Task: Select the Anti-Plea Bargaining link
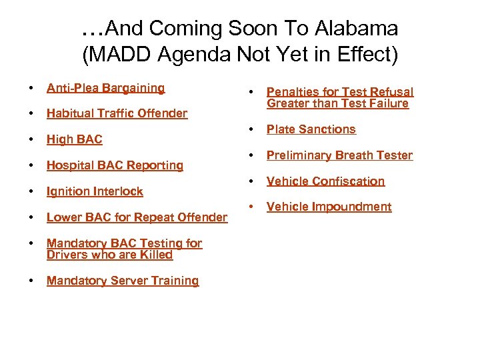105,88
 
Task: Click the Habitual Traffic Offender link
117,113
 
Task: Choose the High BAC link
74,139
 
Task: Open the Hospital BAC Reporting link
115,165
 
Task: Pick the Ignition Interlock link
95,191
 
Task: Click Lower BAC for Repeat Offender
137,217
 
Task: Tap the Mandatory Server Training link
123,281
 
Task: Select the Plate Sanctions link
311,129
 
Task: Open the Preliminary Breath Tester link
339,155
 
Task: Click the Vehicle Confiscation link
325,181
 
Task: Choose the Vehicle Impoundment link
329,207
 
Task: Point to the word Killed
156,255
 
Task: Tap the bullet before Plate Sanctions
251,129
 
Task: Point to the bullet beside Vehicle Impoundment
251,207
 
